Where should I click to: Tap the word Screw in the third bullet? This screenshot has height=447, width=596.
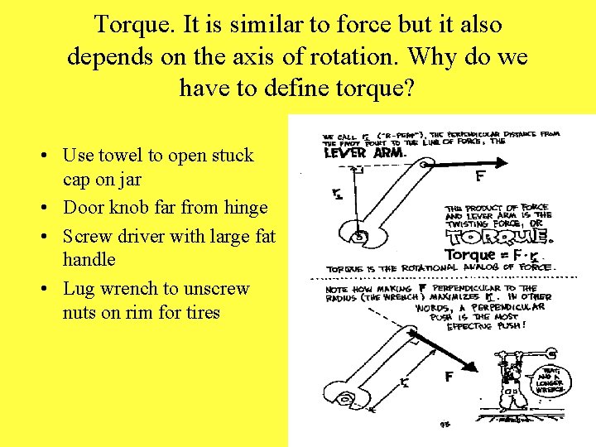coord(86,236)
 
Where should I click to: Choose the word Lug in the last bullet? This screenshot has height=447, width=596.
coord(79,288)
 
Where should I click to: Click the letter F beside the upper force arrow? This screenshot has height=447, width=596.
coord(480,176)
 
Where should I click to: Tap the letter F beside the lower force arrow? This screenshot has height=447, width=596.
coord(449,377)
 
